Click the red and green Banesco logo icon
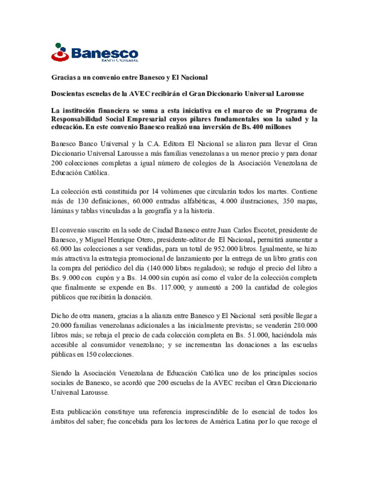[x=60, y=52]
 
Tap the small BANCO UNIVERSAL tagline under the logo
[x=120, y=61]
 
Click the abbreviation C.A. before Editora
[x=153, y=144]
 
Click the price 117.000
[x=173, y=287]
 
